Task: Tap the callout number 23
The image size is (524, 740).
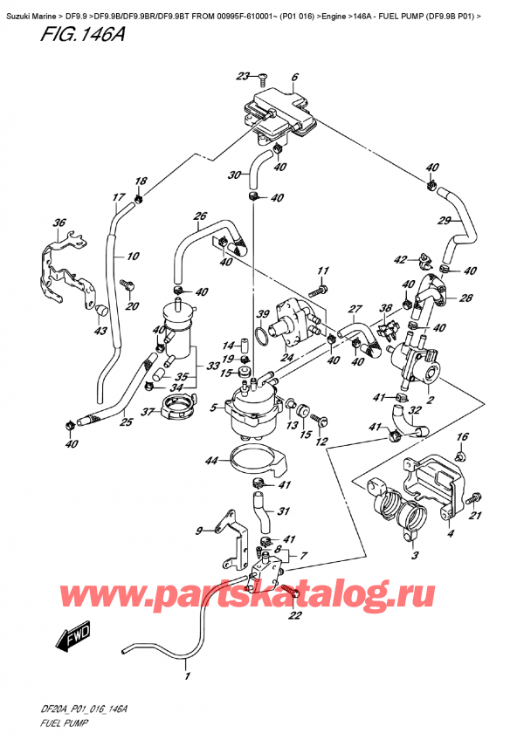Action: pyautogui.click(x=242, y=76)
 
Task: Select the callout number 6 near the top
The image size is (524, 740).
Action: pyautogui.click(x=295, y=78)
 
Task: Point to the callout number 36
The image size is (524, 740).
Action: pyautogui.click(x=59, y=223)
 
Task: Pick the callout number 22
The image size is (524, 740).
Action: pyautogui.click(x=294, y=616)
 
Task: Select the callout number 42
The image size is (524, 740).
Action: pyautogui.click(x=400, y=259)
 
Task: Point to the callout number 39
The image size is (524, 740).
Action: pyautogui.click(x=262, y=314)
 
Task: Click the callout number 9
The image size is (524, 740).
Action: pyautogui.click(x=197, y=530)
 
